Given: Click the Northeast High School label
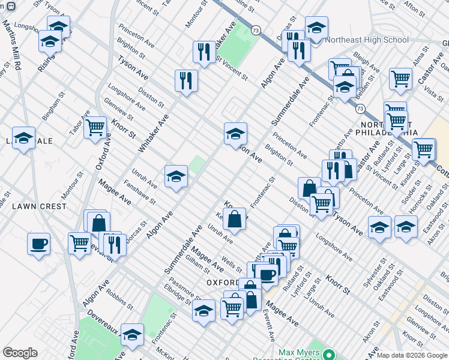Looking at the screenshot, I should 366,40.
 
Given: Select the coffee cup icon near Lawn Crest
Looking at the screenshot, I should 38,244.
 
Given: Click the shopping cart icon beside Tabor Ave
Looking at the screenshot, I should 95,127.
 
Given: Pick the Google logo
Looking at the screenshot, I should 20,353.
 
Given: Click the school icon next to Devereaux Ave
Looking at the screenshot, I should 132,335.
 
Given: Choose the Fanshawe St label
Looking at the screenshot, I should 139,193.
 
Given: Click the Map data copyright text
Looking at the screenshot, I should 412,355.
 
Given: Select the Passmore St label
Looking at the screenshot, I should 184,289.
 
